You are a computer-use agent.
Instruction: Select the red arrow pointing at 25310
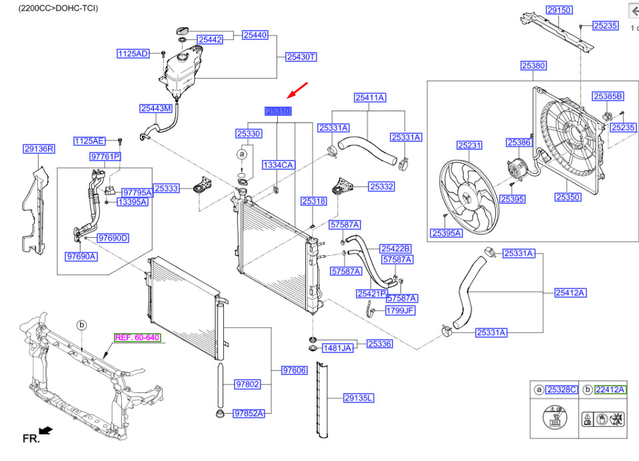tap(297, 89)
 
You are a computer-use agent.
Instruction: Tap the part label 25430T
tap(301, 57)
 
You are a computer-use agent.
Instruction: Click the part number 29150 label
tap(559, 11)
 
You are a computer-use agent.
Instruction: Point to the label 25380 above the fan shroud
tap(533, 66)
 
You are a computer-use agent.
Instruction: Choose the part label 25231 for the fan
tap(469, 145)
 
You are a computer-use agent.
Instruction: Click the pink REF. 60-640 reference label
tap(137, 338)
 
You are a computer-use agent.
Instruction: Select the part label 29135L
tap(358, 398)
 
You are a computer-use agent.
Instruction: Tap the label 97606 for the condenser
tap(294, 370)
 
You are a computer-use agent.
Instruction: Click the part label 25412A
tap(571, 292)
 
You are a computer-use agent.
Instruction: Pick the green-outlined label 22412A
tap(611, 390)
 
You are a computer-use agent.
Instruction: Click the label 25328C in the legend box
tap(561, 390)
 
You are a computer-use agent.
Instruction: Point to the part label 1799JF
tap(400, 310)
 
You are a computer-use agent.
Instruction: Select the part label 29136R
tap(39, 149)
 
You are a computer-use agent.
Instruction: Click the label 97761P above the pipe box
tap(105, 157)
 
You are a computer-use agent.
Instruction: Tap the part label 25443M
tap(156, 108)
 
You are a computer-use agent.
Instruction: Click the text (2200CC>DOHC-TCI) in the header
tap(49, 8)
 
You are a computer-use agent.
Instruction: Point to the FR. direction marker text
tap(31, 438)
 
